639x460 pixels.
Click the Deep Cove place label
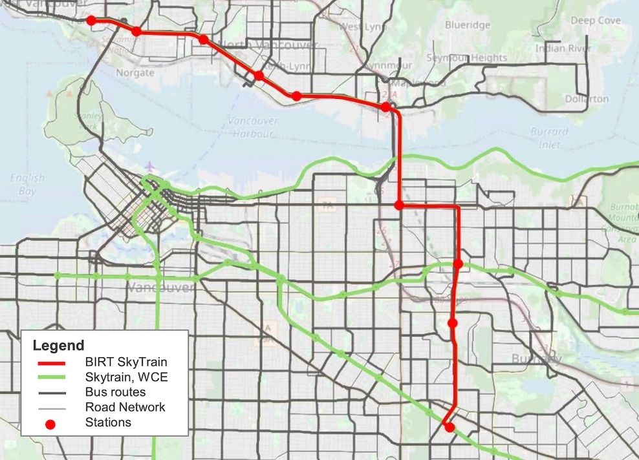pyautogui.click(x=595, y=21)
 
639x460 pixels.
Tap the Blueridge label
pyautogui.click(x=467, y=25)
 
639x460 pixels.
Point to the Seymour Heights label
pyautogui.click(x=466, y=58)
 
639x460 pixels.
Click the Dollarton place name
pyautogui.click(x=587, y=99)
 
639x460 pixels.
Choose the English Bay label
pyautogui.click(x=27, y=185)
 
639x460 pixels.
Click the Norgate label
pyautogui.click(x=135, y=73)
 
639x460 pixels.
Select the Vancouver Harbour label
pyautogui.click(x=254, y=127)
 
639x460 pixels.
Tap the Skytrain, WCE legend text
pyautogui.click(x=126, y=377)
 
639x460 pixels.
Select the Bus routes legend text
pyautogui.click(x=115, y=392)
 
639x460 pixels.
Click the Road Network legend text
pyautogui.click(x=125, y=407)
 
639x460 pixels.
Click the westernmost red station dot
pyautogui.click(x=91, y=21)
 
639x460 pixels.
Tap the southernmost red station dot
pyautogui.click(x=449, y=427)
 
